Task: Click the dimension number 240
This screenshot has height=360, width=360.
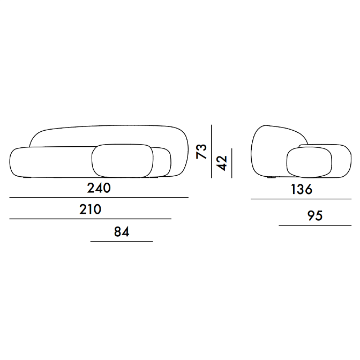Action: (x=99, y=188)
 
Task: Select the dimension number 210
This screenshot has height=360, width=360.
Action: (x=90, y=209)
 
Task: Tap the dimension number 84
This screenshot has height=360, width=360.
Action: (x=122, y=231)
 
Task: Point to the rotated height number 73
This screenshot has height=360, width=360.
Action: (x=201, y=151)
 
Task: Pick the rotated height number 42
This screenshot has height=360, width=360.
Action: (x=222, y=163)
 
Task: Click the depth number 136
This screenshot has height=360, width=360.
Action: (x=302, y=189)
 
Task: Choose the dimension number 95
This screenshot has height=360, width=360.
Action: (x=315, y=215)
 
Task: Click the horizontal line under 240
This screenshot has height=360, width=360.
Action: (x=99, y=198)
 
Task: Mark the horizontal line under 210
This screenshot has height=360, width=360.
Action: (x=90, y=219)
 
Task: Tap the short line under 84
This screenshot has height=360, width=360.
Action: (x=122, y=241)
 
